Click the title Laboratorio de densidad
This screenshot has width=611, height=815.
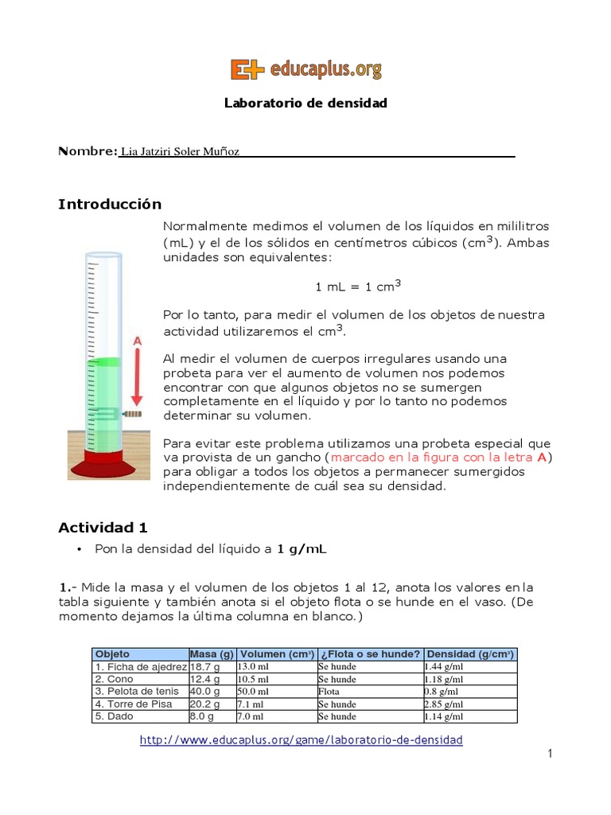coord(305,103)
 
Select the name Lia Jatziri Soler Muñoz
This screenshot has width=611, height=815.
coord(179,151)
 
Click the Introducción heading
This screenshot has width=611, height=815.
coord(109,205)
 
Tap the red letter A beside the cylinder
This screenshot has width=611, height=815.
coord(137,341)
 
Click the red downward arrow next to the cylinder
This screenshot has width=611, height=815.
coord(137,375)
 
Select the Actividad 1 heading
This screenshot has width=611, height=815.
coord(103,528)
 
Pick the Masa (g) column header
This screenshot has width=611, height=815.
coord(211,654)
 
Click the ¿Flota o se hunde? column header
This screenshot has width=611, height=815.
coord(369,654)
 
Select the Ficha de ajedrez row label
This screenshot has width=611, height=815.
coord(140,667)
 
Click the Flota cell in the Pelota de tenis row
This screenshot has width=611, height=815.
coord(329,692)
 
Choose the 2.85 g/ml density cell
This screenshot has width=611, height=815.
coord(444,704)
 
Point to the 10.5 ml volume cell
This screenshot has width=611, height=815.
coord(254,680)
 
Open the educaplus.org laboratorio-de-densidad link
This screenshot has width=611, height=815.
coord(301,740)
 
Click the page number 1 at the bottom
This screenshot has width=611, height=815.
coord(549,754)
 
